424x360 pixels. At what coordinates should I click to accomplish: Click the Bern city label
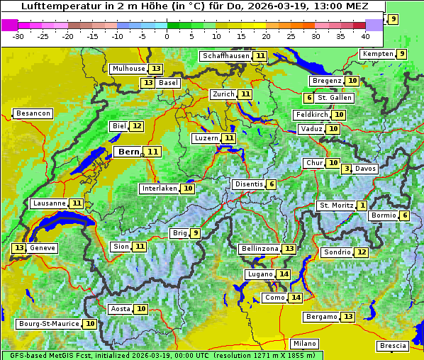pyautogui.click(x=129, y=152)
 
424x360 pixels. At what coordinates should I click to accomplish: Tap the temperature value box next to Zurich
pyautogui.click(x=245, y=94)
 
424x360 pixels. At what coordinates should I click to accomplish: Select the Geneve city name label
pyautogui.click(x=43, y=248)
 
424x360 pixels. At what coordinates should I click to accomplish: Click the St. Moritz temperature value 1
pyautogui.click(x=362, y=206)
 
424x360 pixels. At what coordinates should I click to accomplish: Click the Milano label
pyautogui.click(x=305, y=343)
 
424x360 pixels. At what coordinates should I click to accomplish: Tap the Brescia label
pyautogui.click(x=393, y=346)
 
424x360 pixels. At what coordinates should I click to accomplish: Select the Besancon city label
pyautogui.click(x=33, y=113)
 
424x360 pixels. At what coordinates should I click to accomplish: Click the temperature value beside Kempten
pyautogui.click(x=401, y=54)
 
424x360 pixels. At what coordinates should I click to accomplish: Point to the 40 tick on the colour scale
pyautogui.click(x=365, y=35)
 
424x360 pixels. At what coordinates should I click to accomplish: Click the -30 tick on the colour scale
pyautogui.click(x=18, y=35)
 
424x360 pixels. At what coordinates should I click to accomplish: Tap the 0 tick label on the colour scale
pyautogui.click(x=167, y=35)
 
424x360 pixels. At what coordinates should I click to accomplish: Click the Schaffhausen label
pyautogui.click(x=225, y=56)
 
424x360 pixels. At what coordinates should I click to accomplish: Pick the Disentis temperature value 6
pyautogui.click(x=272, y=184)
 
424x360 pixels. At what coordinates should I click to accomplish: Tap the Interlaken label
pyautogui.click(x=159, y=189)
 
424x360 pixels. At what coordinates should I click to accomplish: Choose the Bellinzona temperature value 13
pyautogui.click(x=289, y=249)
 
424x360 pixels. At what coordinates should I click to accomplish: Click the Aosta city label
pyautogui.click(x=121, y=309)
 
